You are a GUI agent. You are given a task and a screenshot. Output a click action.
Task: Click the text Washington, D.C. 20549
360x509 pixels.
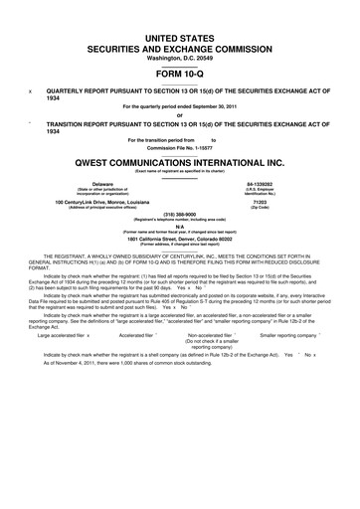click(180, 56)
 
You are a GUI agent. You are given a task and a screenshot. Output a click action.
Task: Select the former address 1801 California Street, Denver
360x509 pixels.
click(180, 239)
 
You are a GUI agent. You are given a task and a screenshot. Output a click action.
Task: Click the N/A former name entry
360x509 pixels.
click(180, 226)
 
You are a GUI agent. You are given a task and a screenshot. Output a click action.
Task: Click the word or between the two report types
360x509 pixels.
click(180, 111)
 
